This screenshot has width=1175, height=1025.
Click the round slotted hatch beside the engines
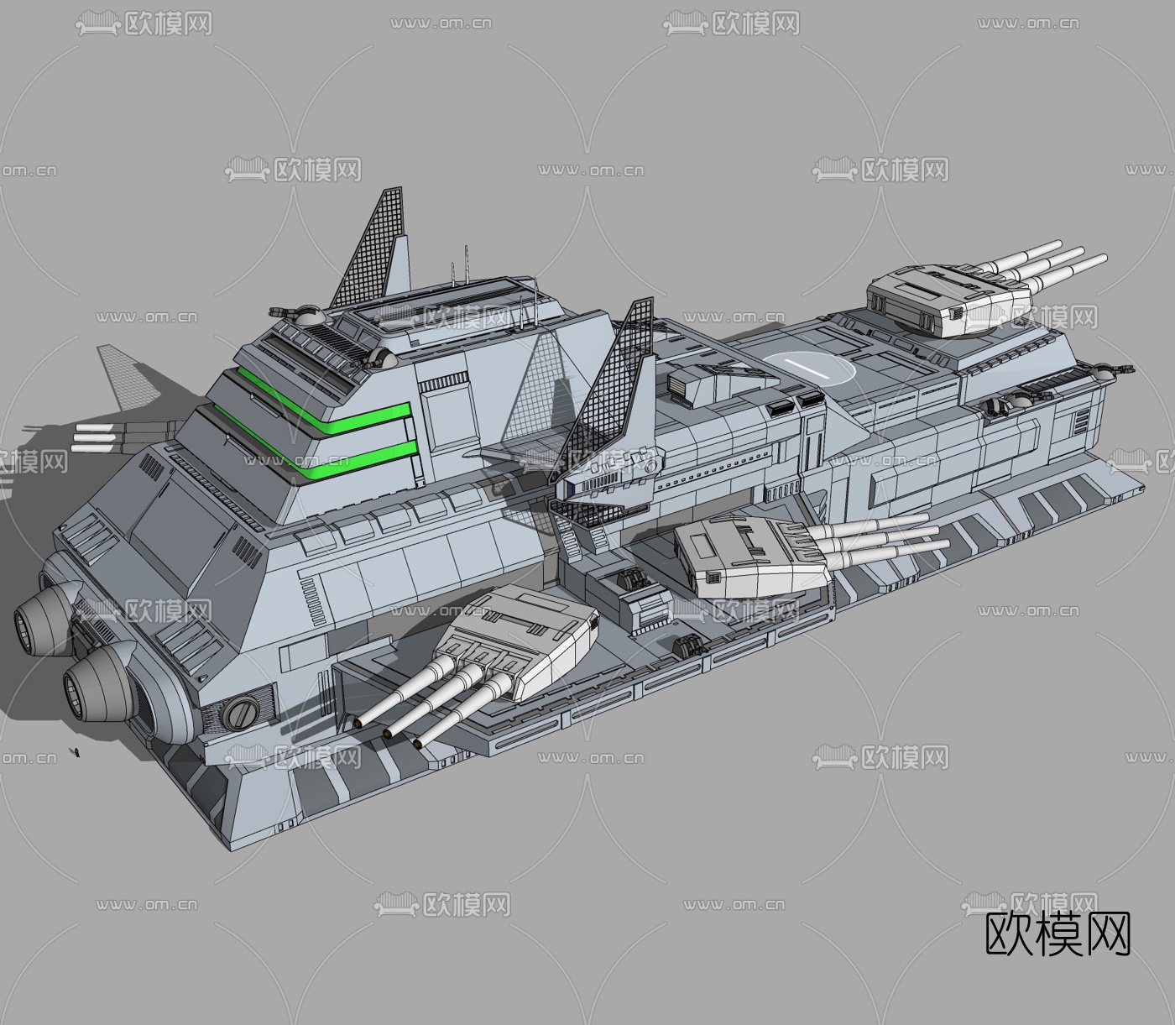pos(241,713)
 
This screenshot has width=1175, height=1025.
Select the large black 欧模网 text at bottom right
pos(1057,933)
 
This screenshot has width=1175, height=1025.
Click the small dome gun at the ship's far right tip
pos(1116,370)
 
